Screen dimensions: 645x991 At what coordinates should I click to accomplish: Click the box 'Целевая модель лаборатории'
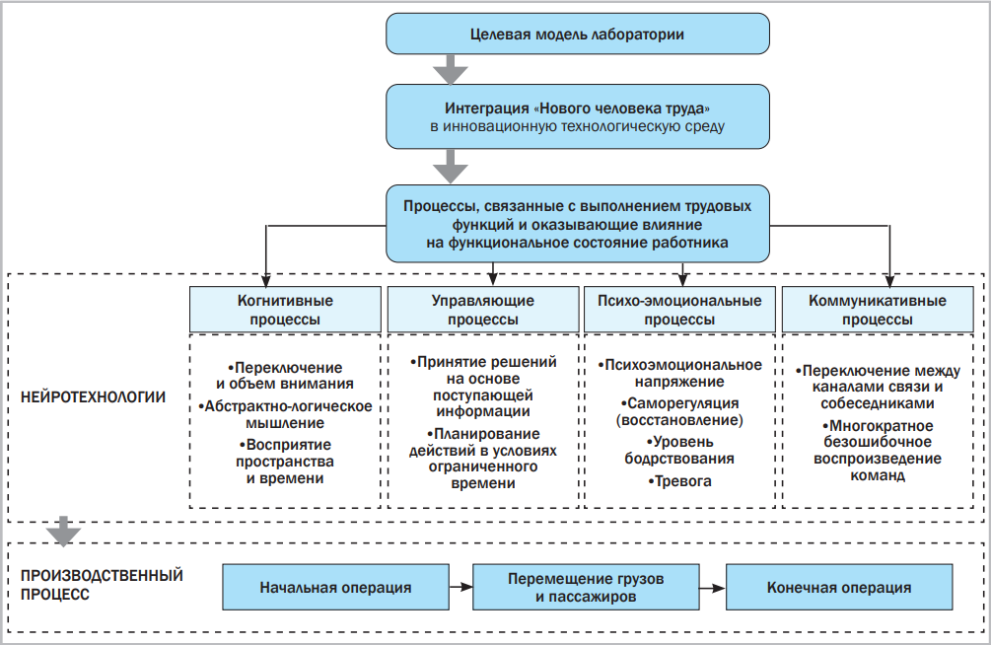pos(577,35)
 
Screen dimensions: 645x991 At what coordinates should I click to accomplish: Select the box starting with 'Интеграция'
pos(577,116)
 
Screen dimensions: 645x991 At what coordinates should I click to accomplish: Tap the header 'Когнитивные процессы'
pos(285,310)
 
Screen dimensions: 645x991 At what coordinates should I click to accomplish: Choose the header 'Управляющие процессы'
pos(483,310)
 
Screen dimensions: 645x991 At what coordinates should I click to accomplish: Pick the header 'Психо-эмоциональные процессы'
pos(680,310)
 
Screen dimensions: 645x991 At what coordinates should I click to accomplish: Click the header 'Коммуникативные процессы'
pos(878,310)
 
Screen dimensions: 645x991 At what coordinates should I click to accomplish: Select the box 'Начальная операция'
pos(335,588)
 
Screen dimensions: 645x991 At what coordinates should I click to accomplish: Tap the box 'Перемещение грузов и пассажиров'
pos(586,588)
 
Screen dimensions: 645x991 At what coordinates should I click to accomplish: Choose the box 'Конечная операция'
pos(839,588)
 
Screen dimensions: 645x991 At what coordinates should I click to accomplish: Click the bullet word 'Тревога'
pos(680,481)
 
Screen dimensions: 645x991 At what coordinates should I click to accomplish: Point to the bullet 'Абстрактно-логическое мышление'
pos(285,414)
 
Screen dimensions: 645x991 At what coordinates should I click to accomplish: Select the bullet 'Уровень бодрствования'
pos(680,451)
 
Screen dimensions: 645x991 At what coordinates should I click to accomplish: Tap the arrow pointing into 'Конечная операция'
pos(712,588)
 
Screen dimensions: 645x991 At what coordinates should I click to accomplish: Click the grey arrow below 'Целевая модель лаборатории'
pos(451,69)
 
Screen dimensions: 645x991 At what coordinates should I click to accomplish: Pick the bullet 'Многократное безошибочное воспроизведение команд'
pos(878,450)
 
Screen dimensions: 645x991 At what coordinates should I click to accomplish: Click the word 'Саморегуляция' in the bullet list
pos(680,404)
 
